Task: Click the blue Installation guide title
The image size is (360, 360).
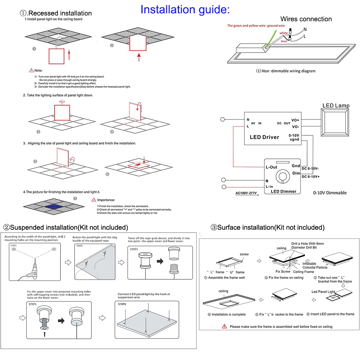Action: point(185,9)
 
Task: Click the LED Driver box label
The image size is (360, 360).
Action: point(264,137)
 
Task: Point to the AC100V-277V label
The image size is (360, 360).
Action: point(246,193)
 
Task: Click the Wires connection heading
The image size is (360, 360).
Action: point(306,19)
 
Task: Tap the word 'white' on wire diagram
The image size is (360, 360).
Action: point(284,33)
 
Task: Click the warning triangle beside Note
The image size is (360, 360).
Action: point(32,70)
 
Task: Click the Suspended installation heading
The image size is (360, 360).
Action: point(66,228)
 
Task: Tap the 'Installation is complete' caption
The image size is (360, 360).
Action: point(227,314)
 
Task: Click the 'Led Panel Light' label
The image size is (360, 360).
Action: point(323,292)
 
